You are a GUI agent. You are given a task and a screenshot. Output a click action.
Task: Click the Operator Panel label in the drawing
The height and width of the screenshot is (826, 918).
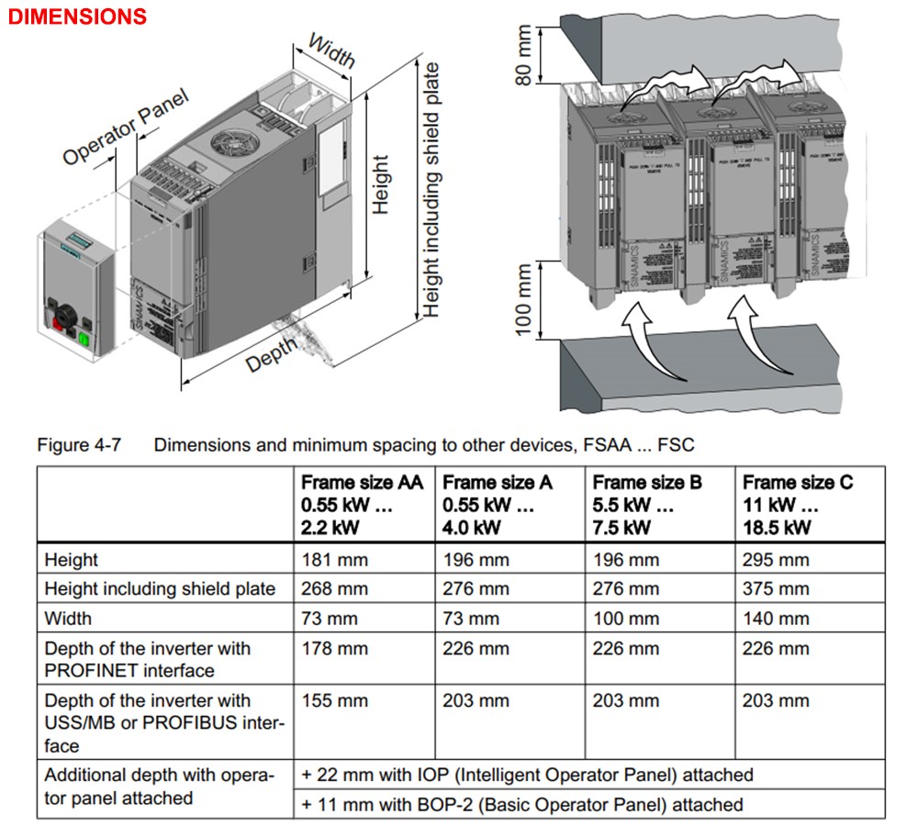pos(126,128)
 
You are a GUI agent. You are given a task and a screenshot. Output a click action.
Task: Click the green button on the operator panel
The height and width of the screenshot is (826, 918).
pos(84,340)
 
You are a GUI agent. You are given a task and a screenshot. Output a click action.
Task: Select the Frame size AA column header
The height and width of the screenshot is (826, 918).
pos(362,504)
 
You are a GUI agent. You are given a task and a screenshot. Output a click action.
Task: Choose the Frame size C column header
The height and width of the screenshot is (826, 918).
pos(797,504)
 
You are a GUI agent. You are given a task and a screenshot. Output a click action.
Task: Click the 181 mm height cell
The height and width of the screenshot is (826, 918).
pos(328,560)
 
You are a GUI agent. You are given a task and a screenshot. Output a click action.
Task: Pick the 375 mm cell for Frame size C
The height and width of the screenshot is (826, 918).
pos(776,589)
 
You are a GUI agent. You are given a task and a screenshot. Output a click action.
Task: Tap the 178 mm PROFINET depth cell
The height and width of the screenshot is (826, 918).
pos(328,649)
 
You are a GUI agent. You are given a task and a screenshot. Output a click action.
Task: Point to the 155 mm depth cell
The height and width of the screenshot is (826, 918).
pos(328,700)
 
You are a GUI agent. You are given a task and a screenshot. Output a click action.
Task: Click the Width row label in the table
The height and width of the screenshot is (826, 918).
pos(68,619)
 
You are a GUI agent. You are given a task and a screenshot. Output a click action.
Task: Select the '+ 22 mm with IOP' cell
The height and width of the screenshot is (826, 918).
pos(527,775)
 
